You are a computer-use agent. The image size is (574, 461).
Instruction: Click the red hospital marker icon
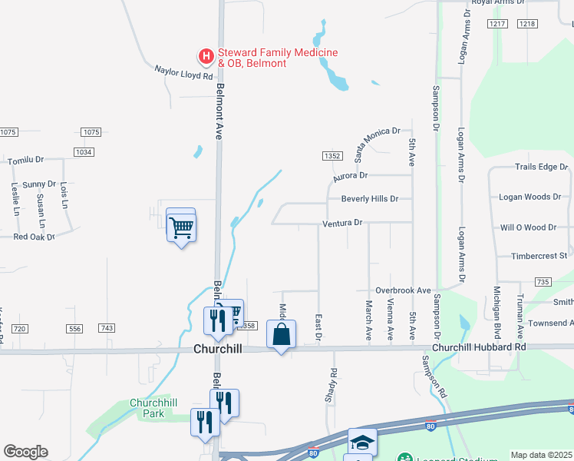(x=206, y=56)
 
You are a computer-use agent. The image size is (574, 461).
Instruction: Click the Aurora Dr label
(x=351, y=177)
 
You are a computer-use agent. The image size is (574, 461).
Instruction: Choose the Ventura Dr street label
(x=341, y=223)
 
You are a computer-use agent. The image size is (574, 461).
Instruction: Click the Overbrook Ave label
(x=403, y=290)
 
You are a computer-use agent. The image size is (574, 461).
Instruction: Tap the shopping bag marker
(x=282, y=334)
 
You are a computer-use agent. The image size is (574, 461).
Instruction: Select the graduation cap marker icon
(x=362, y=443)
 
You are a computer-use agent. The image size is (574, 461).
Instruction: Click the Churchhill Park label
(x=147, y=408)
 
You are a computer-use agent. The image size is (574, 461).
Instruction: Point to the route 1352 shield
(x=332, y=156)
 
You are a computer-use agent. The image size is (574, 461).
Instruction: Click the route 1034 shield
(x=84, y=152)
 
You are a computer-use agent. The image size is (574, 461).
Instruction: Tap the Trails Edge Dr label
(x=541, y=167)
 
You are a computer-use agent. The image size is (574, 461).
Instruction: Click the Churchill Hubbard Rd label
(x=479, y=347)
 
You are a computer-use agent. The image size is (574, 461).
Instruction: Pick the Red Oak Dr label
(x=35, y=237)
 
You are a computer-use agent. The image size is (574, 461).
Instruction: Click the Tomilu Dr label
(x=25, y=161)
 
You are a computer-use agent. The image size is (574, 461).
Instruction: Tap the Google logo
(x=25, y=452)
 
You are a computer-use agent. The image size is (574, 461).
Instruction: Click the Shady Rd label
(x=334, y=383)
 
